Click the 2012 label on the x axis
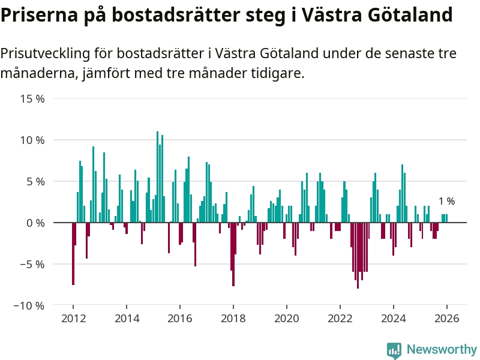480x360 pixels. pos(73,319)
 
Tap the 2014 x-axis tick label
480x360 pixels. pos(126,319)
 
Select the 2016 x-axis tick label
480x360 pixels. pos(179,319)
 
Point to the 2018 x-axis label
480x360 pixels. pos(233,319)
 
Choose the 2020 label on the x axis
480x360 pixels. pos(286,319)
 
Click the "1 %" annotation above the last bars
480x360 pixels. pos(446,202)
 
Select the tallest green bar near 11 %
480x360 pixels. pos(157,177)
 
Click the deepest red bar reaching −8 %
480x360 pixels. pos(358,255)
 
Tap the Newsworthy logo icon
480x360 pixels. pos(394,350)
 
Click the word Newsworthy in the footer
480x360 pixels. pos(442,349)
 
